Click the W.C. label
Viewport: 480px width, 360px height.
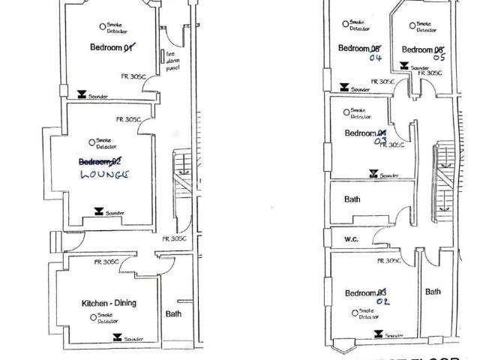tap(352, 241)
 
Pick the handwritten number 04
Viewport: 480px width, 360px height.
tap(376, 58)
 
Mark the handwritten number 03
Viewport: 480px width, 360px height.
tap(381, 140)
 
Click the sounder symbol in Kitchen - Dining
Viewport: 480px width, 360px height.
tap(116, 338)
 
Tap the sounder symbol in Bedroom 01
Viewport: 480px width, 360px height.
tap(82, 95)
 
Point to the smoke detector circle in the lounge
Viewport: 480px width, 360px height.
tap(91, 142)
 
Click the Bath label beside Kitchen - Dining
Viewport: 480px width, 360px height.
tap(173, 314)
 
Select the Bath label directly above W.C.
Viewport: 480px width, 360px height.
tap(352, 200)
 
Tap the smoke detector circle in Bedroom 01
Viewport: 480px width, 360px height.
tap(103, 26)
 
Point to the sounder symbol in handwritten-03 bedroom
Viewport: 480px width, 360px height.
tap(373, 174)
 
